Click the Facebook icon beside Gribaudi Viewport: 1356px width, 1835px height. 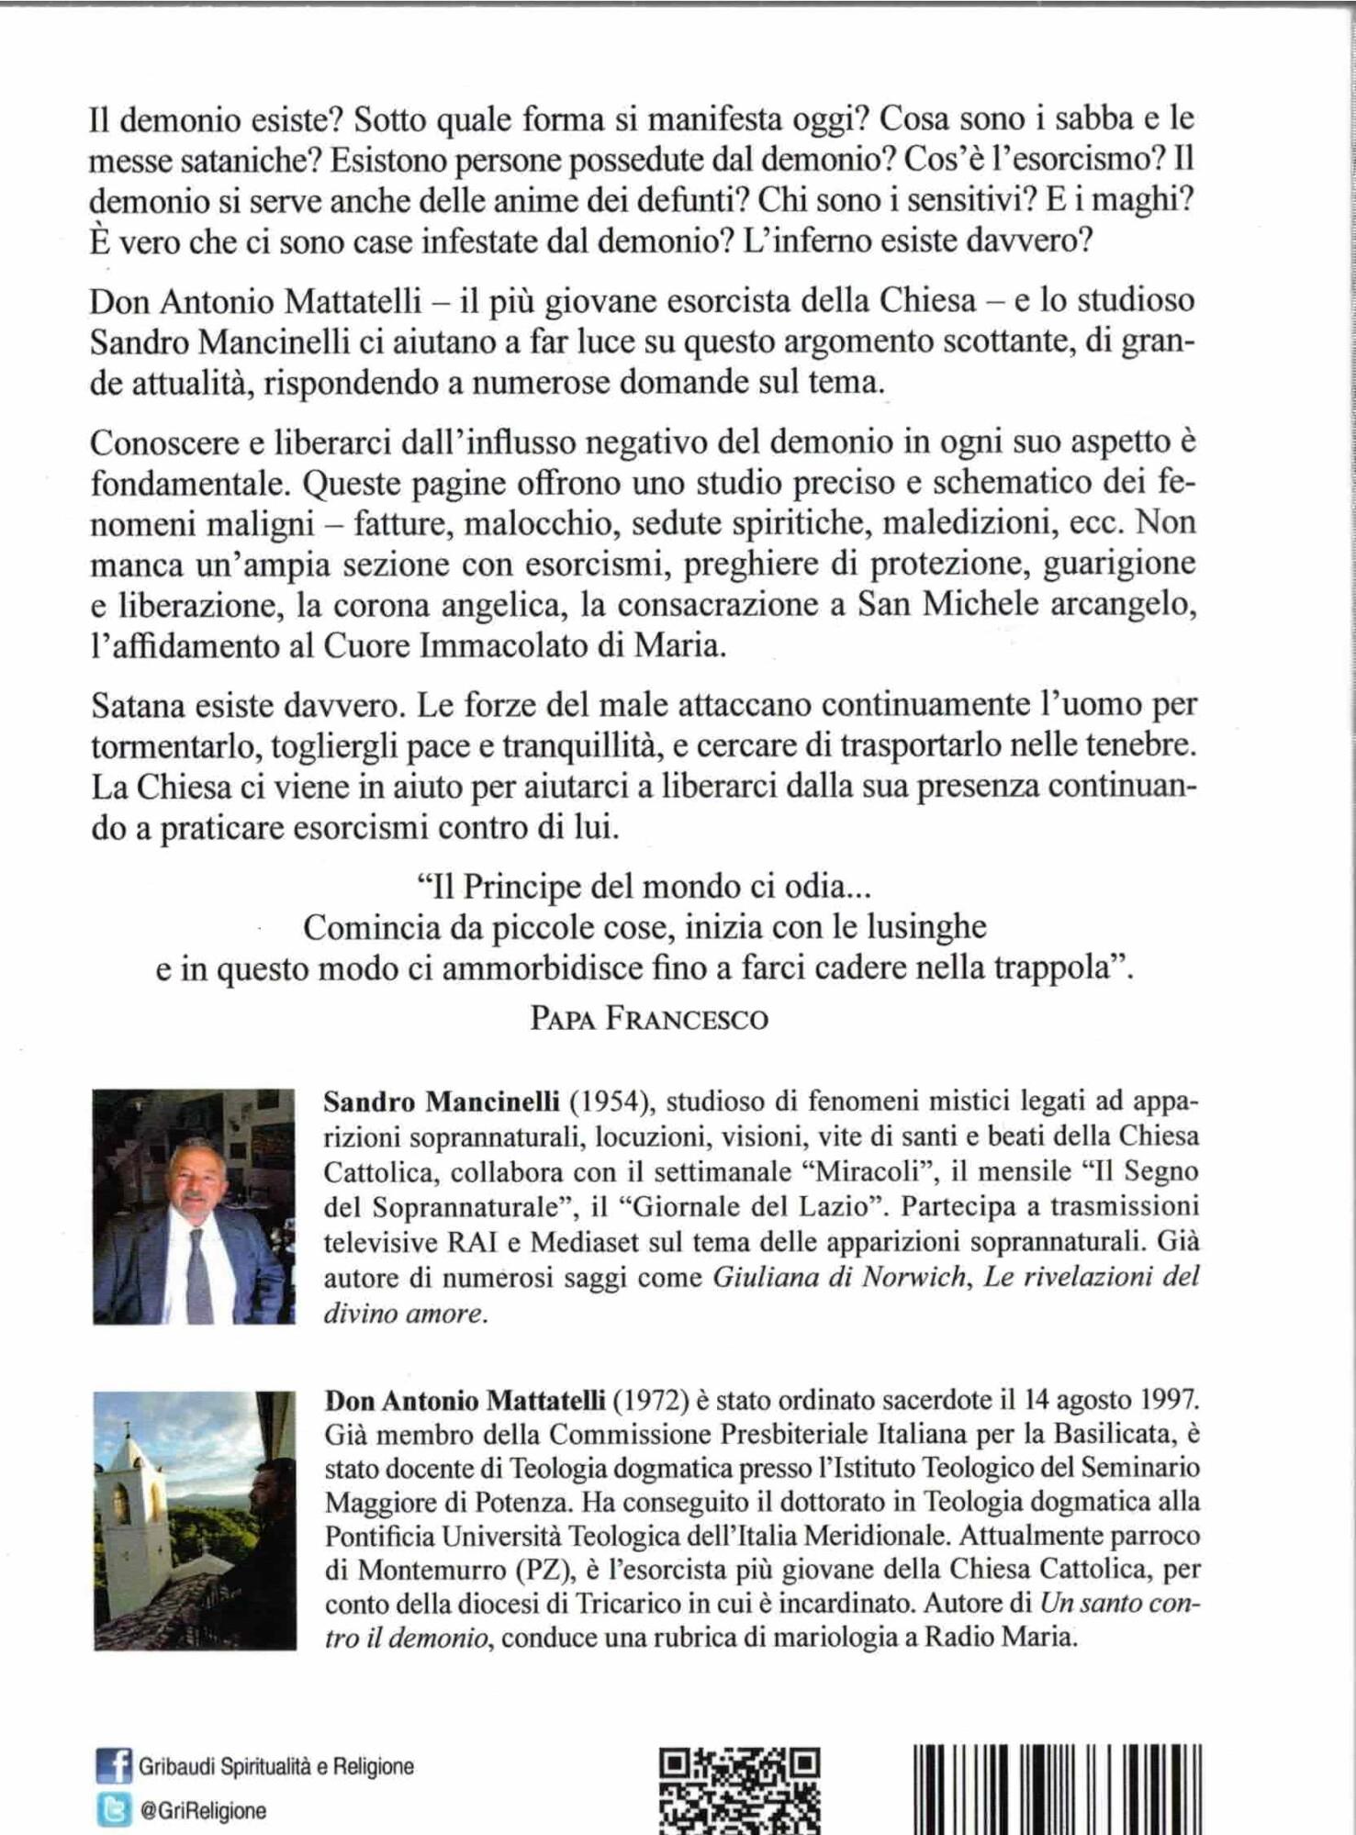113,1766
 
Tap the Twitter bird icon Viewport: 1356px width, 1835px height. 113,1809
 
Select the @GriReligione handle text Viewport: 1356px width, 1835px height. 203,1810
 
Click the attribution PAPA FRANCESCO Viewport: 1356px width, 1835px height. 649,1019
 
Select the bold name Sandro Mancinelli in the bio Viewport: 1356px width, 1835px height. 441,1102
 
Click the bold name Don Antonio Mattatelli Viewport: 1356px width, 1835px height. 465,1400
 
